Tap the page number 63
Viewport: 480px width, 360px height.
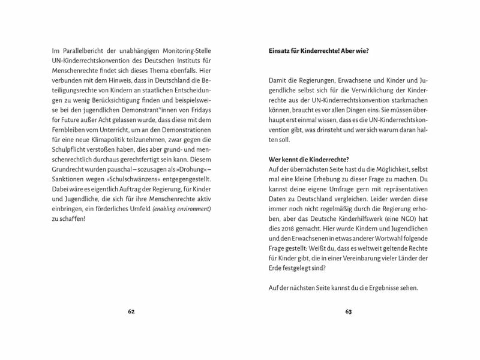click(349, 312)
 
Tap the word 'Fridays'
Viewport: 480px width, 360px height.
click(202, 113)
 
